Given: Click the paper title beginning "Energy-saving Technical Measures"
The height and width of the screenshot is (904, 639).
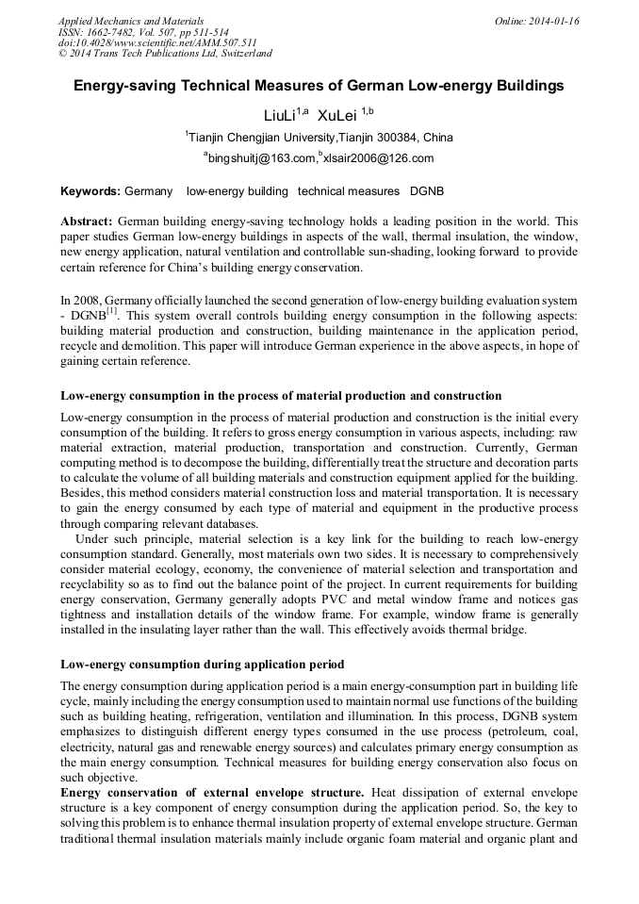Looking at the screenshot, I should point(319,86).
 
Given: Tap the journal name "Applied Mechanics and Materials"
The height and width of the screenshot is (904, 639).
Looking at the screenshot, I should point(131,20).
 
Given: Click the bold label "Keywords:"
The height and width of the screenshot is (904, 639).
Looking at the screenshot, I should point(90,191).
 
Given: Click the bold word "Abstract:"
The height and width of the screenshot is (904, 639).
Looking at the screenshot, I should point(87,220).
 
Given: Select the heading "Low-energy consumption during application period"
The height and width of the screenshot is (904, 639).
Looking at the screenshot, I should point(202,664).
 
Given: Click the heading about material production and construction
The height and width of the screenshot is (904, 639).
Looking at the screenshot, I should point(281,395).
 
